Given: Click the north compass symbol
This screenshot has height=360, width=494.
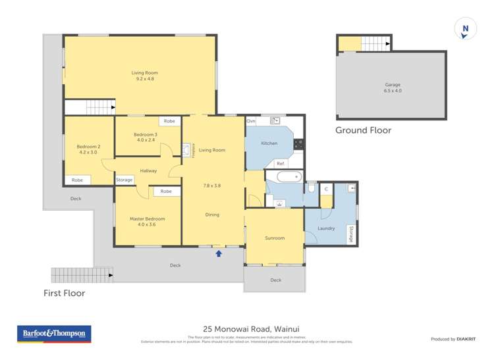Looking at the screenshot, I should [466, 29].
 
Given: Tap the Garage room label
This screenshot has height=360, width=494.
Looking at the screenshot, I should [393, 85].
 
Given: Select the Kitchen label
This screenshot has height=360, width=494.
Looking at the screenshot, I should [269, 143].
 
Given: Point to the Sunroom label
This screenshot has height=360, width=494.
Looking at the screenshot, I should [275, 238].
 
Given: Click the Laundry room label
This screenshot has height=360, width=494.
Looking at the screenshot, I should [326, 228].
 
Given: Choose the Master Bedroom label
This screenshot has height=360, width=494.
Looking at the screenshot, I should [147, 219].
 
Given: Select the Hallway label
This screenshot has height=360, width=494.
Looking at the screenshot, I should [148, 170].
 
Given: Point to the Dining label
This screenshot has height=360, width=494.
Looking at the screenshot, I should [212, 215].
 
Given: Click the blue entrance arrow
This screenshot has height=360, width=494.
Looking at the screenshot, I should [219, 252].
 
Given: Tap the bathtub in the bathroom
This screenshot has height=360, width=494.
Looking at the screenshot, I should [288, 176].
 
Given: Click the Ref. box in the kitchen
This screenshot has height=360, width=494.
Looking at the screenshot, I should [281, 163].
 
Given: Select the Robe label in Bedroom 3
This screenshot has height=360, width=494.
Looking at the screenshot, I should [170, 121].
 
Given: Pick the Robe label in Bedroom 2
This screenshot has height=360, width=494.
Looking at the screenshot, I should [78, 180].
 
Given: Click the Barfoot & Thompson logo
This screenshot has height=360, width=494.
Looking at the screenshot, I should [53, 334].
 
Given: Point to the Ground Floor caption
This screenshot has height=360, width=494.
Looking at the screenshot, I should [363, 130].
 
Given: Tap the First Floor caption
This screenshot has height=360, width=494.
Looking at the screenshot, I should [64, 293].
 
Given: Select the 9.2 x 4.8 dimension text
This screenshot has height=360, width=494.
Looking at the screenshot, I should [144, 79].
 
